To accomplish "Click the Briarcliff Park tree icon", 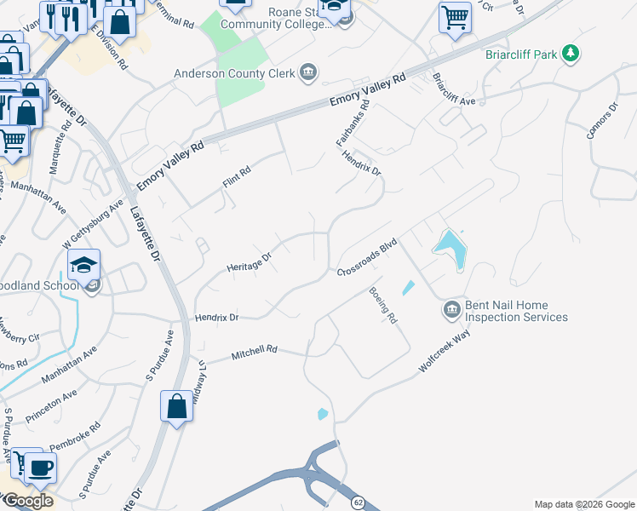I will click(570, 55).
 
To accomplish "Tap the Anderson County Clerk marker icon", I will click(307, 73).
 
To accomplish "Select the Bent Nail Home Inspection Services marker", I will click(450, 311).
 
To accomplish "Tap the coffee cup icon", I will click(40, 467).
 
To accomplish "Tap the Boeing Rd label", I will click(383, 305).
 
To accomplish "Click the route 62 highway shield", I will click(359, 503).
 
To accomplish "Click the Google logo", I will click(28, 501).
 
